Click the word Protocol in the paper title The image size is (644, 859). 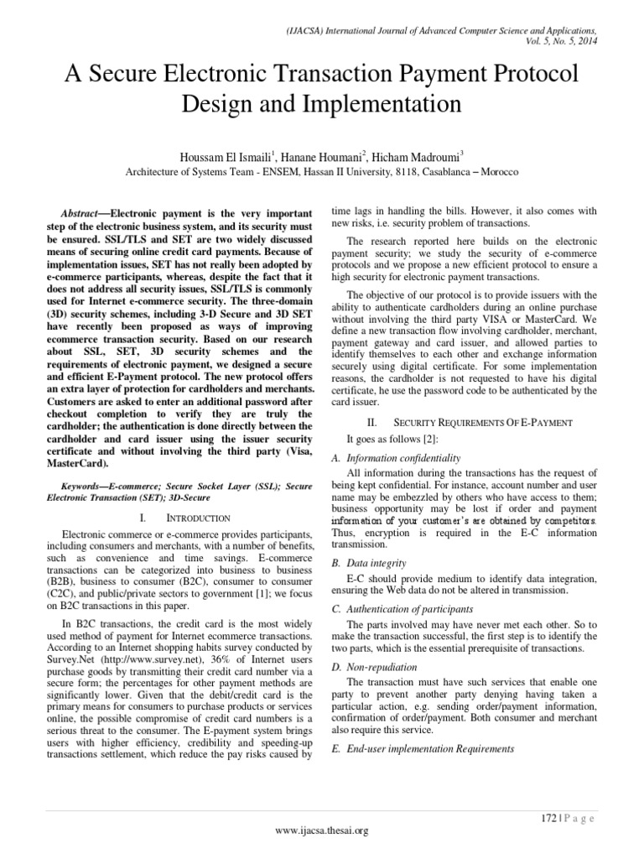pos(523,75)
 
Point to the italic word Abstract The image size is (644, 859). pos(80,214)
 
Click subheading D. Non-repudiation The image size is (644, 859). pos(376,643)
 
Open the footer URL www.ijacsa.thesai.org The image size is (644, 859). pos(322,830)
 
